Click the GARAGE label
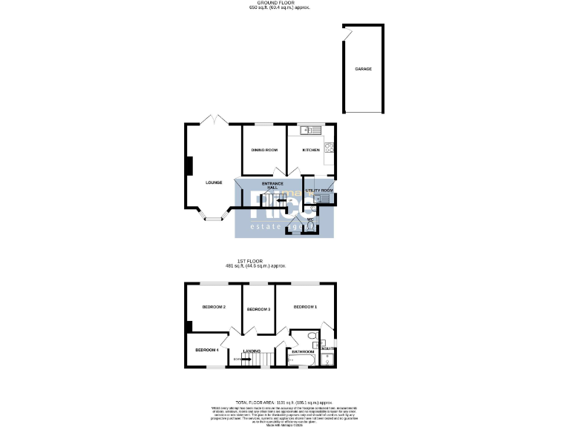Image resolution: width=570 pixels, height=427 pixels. pos(363,69)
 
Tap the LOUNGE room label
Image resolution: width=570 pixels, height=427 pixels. pos(214,182)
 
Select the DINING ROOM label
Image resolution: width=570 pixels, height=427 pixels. pos(263,150)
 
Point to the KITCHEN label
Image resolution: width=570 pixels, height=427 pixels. pos(310,150)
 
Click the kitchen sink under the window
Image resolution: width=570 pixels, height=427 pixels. pos(308,130)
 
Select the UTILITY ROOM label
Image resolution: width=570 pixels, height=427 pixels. pos(321,191)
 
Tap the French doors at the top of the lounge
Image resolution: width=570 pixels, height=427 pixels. pos(214,120)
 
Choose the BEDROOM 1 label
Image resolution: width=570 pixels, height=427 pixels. pos(304,307)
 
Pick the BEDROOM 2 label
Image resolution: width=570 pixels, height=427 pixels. pos(214,307)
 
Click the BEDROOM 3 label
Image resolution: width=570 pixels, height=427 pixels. pos(258,309)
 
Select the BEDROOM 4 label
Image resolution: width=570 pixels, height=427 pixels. pos(206,350)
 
